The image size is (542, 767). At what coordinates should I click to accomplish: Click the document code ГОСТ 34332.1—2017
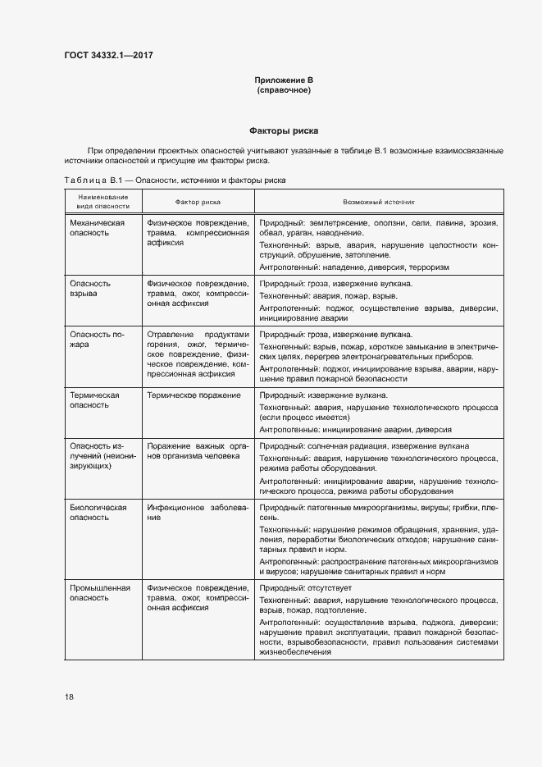(x=109, y=56)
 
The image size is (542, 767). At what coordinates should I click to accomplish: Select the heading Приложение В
(x=283, y=80)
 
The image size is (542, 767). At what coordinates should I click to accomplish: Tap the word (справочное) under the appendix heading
(x=283, y=89)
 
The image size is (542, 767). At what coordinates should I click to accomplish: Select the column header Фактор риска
(x=198, y=201)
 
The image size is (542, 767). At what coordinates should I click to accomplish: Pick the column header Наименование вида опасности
(x=103, y=201)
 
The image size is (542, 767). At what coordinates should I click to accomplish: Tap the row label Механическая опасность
(x=97, y=228)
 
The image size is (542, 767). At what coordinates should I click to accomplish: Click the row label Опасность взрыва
(x=90, y=288)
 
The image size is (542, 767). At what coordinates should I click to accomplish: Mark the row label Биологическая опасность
(x=98, y=513)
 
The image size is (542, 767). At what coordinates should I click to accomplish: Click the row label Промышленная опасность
(x=101, y=593)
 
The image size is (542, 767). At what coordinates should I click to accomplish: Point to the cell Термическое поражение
(x=194, y=395)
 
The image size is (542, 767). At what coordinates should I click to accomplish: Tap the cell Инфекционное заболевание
(x=197, y=513)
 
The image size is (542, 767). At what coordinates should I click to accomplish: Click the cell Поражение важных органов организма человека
(x=197, y=450)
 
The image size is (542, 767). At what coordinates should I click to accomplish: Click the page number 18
(x=69, y=697)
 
